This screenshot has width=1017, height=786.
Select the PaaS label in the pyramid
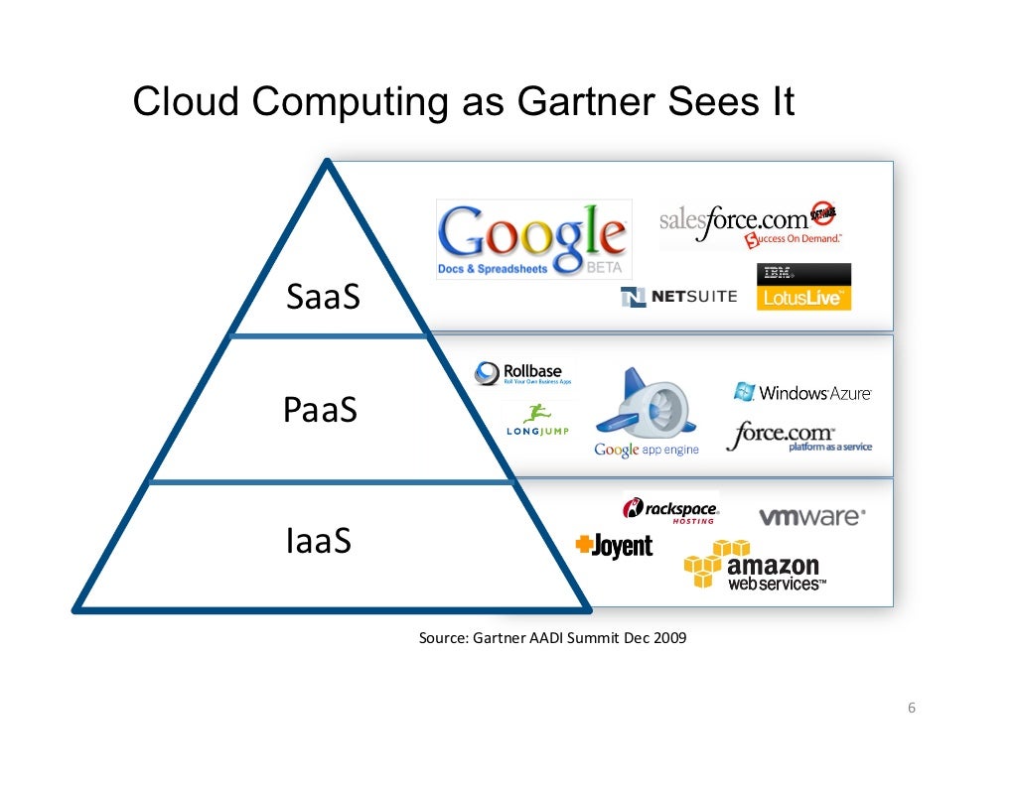click(320, 410)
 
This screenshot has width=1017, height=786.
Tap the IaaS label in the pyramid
click(318, 542)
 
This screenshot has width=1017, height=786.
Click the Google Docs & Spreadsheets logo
click(533, 239)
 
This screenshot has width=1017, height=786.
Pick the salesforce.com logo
click(751, 224)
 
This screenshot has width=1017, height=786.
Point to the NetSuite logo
click(678, 297)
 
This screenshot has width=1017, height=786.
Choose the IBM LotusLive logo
click(803, 287)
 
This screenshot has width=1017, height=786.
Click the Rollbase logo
click(523, 373)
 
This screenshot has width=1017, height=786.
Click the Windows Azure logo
click(802, 392)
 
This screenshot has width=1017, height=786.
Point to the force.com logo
click(798, 437)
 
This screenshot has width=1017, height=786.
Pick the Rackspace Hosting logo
click(670, 510)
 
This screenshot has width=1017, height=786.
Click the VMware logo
click(811, 517)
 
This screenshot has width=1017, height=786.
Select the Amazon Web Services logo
click(756, 566)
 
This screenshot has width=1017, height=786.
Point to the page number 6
click(911, 709)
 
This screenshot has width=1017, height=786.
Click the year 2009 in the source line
click(669, 638)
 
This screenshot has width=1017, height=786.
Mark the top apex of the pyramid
click(327, 164)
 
